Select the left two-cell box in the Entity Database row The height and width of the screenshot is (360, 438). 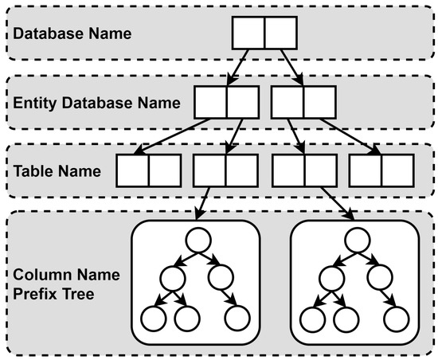tap(225, 103)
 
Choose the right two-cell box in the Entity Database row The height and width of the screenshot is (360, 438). tap(303, 103)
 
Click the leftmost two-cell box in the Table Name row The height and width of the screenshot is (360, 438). tap(149, 170)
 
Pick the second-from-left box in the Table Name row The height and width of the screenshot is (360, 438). tap(225, 170)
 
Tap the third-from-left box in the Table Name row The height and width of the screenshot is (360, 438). tap(303, 170)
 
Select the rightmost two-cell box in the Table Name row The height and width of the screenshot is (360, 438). tap(381, 170)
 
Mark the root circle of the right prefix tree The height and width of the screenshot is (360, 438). tap(355, 241)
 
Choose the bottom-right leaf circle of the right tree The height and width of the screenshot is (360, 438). tap(396, 319)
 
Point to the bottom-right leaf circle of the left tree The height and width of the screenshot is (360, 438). tap(237, 319)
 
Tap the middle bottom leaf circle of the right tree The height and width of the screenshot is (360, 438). tap(346, 319)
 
